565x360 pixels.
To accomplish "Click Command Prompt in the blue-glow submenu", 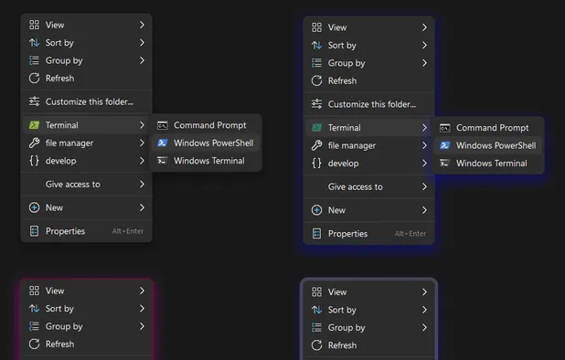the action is coord(492,128).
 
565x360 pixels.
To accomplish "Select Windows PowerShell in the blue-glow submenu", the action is coord(496,145).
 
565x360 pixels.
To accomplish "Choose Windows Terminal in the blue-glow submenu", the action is coord(491,164).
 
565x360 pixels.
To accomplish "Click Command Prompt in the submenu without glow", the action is coord(209,125).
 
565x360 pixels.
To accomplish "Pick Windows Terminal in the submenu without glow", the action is coord(208,161).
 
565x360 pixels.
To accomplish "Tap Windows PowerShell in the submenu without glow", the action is coord(213,143).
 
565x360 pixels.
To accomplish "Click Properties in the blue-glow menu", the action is coord(347,234).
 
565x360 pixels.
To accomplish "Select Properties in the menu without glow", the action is coord(65,231).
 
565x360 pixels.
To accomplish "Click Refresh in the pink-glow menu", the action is coord(59,344).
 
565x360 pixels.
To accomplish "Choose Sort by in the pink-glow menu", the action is coord(59,309).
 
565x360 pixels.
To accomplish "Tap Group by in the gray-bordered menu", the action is coord(346,328).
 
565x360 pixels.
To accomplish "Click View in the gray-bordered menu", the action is coord(337,292).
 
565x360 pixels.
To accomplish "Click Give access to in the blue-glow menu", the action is coord(356,186).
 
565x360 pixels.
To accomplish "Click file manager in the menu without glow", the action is coord(69,143).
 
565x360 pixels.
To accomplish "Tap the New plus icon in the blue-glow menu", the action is coord(316,210).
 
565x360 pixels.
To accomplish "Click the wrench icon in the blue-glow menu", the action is coord(316,145).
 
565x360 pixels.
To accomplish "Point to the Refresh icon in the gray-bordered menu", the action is coord(316,345).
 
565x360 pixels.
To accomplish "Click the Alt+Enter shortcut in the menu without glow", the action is coord(128,231).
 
